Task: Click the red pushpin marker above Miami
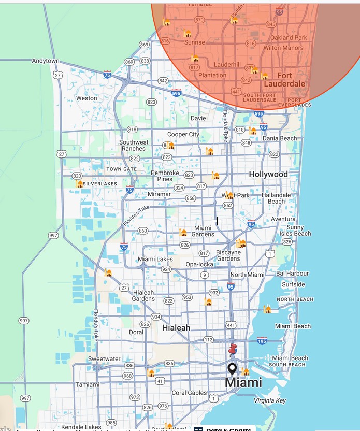click(233, 350)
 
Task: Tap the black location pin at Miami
click(232, 369)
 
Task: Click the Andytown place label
click(46, 61)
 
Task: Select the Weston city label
click(87, 98)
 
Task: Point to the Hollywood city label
click(268, 174)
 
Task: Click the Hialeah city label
click(176, 327)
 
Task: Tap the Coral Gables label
click(189, 393)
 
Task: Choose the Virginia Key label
click(270, 400)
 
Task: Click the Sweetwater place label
click(104, 359)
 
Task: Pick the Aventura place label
click(283, 219)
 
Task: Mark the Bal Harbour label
click(292, 273)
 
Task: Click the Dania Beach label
click(280, 138)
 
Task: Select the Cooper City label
click(183, 134)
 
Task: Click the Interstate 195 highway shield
click(262, 340)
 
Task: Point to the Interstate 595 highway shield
click(176, 93)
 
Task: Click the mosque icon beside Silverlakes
click(80, 183)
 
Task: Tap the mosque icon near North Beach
click(267, 309)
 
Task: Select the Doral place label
click(136, 332)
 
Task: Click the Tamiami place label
click(87, 384)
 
